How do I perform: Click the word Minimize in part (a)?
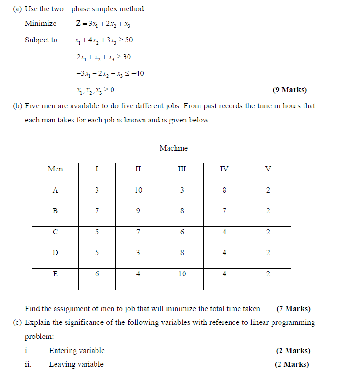pos(40,24)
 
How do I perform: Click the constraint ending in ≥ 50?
pos(104,40)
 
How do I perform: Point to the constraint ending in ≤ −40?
pos(110,73)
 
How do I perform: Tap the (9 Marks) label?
pos(289,90)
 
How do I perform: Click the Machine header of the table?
pos(173,148)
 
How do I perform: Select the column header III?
pos(182,169)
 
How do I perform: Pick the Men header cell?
pos(55,169)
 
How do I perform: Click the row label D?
pos(55,253)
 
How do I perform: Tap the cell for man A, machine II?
pos(138,191)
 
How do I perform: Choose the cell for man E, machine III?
pos(182,274)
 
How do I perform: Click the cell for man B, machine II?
pos(138,211)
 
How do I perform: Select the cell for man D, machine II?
pos(138,253)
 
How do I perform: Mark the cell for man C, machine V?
pos(268,232)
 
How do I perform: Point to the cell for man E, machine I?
pos(97,274)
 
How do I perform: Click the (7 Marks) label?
pos(293,309)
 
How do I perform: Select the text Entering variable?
pos(77,351)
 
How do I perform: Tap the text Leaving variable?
pos(76,364)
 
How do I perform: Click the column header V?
pos(268,169)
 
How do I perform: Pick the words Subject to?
pos(41,40)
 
